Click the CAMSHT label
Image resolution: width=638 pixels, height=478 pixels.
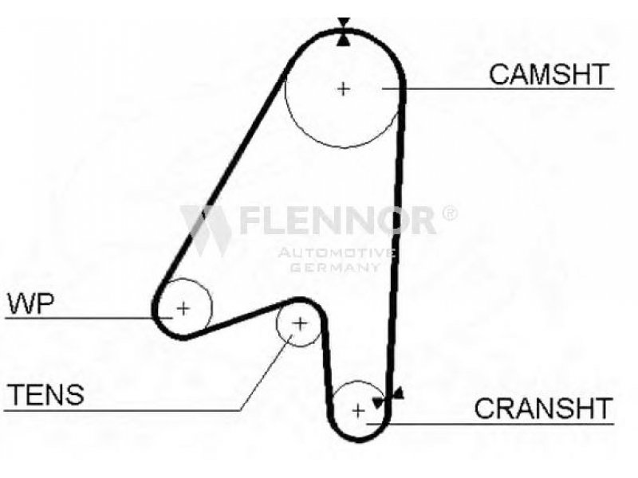[x=549, y=74]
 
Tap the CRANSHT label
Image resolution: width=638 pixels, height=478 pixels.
[x=544, y=408]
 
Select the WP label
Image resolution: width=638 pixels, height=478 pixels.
[x=31, y=304]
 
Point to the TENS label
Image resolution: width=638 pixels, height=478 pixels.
[x=46, y=394]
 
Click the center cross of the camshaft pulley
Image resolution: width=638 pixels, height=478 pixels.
[x=344, y=88]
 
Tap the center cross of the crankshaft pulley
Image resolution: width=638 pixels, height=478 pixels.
[x=358, y=411]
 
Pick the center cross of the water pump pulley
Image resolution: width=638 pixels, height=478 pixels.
[x=183, y=308]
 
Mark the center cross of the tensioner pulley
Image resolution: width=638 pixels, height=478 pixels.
[x=300, y=324]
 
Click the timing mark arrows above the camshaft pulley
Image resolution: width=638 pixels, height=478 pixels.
[x=344, y=32]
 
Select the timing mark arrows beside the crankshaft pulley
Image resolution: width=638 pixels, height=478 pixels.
[x=388, y=398]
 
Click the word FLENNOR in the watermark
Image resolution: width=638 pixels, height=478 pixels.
[x=337, y=221]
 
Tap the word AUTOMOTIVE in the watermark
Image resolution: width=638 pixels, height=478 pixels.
[x=337, y=253]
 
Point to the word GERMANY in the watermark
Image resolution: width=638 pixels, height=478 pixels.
[x=336, y=267]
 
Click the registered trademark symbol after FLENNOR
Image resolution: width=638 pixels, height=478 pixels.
[x=449, y=214]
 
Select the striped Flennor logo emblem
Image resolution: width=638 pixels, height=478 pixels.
[x=207, y=230]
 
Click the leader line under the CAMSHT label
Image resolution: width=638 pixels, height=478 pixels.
[x=498, y=88]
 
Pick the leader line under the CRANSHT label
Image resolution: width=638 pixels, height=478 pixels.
[x=490, y=424]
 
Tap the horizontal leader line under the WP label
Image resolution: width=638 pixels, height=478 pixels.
[x=89, y=317]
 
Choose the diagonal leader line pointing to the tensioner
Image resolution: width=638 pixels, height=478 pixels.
[x=266, y=373]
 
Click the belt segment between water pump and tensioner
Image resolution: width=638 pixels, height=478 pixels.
[x=240, y=319]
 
